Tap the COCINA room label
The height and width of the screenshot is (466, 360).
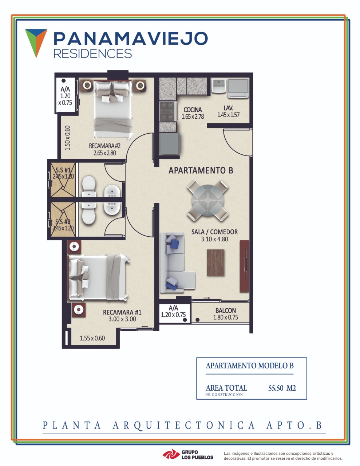(x=193, y=110)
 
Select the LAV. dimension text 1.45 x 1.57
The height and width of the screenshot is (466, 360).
(x=228, y=115)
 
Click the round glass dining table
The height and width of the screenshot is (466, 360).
(x=207, y=200)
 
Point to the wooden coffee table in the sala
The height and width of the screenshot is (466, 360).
(x=215, y=262)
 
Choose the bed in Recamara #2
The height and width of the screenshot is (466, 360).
(x=113, y=110)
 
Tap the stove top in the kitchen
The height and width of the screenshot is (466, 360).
(x=168, y=111)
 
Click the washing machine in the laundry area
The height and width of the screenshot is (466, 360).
(x=238, y=88)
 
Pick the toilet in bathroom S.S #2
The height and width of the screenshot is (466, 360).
(x=89, y=213)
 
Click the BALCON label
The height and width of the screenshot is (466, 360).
(x=226, y=310)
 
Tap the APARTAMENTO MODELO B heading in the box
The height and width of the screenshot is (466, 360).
(x=250, y=366)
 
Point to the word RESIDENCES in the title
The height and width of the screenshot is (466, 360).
(x=92, y=54)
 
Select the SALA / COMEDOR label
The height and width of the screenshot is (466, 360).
(x=214, y=232)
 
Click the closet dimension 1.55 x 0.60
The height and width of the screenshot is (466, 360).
(x=92, y=338)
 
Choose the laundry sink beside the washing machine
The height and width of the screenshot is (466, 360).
(x=218, y=86)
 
